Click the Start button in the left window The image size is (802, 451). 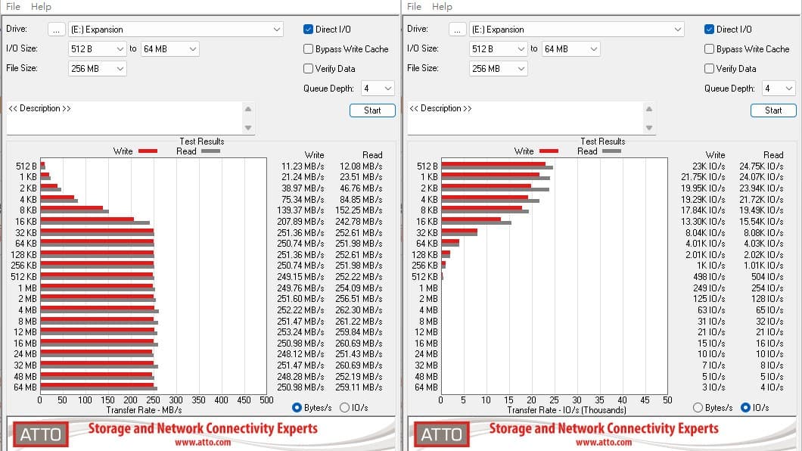point(372,110)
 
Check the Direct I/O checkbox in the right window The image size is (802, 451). point(709,30)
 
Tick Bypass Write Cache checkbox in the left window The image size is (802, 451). point(308,49)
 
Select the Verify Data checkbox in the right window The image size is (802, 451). point(709,69)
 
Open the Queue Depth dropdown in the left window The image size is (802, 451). point(378,89)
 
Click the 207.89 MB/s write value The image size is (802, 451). point(303,222)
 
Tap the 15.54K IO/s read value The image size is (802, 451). point(761,222)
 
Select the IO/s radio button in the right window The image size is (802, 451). point(745,408)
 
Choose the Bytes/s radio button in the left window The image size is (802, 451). point(297,408)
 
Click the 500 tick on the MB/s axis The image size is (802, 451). point(266,400)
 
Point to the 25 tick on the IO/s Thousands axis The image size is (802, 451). point(554,400)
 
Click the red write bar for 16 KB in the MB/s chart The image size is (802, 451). point(87,219)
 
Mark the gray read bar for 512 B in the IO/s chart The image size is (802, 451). point(497,168)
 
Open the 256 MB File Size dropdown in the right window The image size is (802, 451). point(498,69)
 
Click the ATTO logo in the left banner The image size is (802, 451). point(40,434)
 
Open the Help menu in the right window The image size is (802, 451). point(442,7)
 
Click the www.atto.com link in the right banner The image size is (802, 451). point(604,443)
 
